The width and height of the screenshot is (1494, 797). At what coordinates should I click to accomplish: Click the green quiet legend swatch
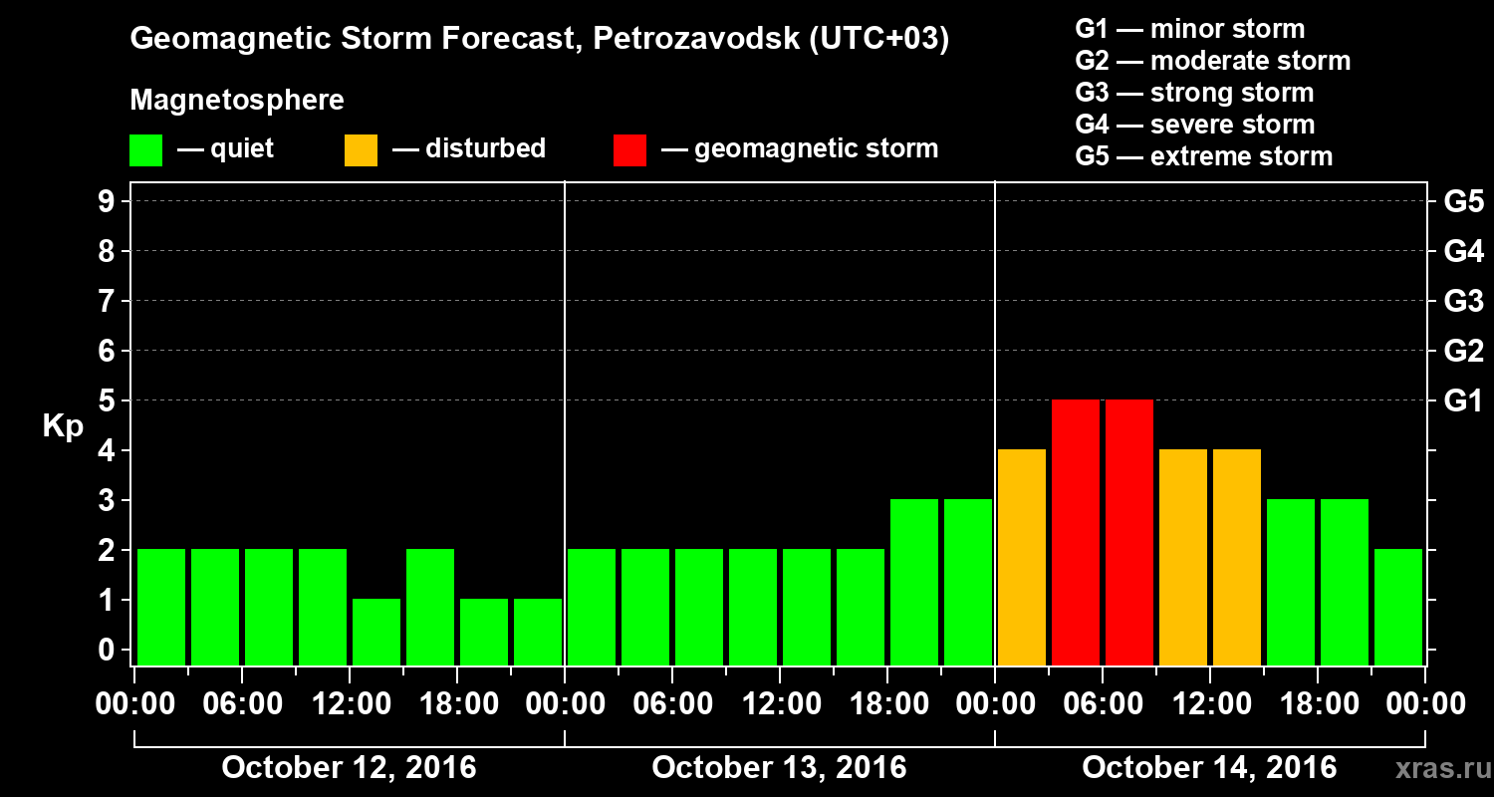[x=145, y=150]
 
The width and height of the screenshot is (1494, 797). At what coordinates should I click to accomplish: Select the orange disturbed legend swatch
[x=361, y=150]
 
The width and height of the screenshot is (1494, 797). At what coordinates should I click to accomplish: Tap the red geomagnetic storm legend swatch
[x=629, y=150]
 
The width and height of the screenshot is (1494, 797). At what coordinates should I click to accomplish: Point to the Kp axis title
[x=63, y=426]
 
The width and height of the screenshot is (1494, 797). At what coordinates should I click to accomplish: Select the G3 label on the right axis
[x=1463, y=301]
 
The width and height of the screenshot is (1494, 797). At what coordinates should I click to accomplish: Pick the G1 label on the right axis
[x=1463, y=400]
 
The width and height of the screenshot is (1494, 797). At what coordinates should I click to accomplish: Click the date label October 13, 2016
[x=779, y=768]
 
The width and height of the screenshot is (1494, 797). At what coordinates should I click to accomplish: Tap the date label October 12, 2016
[x=349, y=768]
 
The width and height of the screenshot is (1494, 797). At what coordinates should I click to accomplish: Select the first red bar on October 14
[x=1076, y=532]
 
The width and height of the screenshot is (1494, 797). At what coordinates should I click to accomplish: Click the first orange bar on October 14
[x=1022, y=557]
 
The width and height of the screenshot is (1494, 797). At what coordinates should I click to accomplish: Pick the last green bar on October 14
[x=1398, y=607]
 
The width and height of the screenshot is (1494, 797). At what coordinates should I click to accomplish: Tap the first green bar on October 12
[x=161, y=607]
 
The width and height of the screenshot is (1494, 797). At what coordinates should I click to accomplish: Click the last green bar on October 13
[x=968, y=582]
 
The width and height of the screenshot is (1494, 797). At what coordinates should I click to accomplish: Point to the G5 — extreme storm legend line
[x=1203, y=156]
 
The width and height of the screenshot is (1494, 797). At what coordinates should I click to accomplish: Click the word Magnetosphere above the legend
[x=237, y=101]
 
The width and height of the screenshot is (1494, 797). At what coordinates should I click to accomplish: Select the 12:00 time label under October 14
[x=1209, y=704]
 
